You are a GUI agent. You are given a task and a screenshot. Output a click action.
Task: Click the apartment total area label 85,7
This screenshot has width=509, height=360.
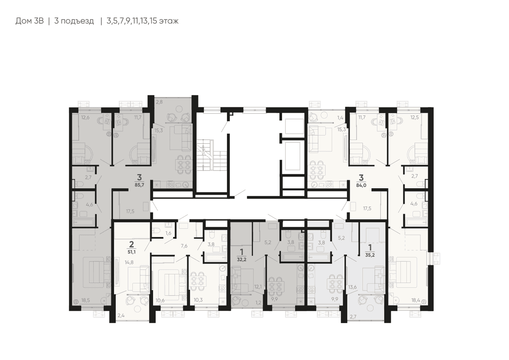tap(139, 185)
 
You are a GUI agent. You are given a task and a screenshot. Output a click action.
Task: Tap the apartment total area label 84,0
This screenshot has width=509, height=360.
tap(361, 185)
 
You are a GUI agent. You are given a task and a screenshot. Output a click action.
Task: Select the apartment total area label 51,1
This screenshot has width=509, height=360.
tap(131, 252)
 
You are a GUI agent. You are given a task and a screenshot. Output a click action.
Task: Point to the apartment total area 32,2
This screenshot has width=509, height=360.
tap(241, 260)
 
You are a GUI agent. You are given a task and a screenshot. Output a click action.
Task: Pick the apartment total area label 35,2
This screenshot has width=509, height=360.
tap(370, 255)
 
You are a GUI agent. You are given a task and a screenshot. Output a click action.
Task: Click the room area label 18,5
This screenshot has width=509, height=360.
tap(85, 300)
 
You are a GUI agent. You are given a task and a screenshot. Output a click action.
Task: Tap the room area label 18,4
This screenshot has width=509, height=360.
tap(415, 300)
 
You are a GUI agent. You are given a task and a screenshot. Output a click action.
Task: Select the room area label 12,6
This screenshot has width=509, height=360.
tap(85, 117)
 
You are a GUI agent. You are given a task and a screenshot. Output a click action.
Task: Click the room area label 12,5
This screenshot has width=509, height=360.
tap(414, 117)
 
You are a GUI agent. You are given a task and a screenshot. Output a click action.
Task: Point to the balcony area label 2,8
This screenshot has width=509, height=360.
tap(159, 102)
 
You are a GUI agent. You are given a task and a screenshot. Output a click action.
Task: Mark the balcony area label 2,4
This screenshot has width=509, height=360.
tap(121, 315)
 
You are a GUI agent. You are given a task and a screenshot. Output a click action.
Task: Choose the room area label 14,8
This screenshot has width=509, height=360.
tap(129, 262)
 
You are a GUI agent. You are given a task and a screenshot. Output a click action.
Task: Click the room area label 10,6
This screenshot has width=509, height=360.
tap(160, 300)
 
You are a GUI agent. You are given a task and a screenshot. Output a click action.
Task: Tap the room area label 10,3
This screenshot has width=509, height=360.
tap(198, 300)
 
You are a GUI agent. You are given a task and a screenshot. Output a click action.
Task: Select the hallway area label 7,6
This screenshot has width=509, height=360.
tap(184, 246)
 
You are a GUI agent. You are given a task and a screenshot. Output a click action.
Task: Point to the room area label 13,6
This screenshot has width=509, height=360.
tap(352, 287)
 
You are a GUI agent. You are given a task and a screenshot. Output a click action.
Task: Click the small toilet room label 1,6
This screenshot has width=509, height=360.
tap(168, 233)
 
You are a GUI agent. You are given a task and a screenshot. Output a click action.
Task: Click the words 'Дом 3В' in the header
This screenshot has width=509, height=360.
tap(30, 21)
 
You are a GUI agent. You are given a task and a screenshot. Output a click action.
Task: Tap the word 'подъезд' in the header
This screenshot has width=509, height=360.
tap(77, 21)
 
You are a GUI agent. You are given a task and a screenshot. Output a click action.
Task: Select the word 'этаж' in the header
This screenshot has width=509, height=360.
tap(169, 21)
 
